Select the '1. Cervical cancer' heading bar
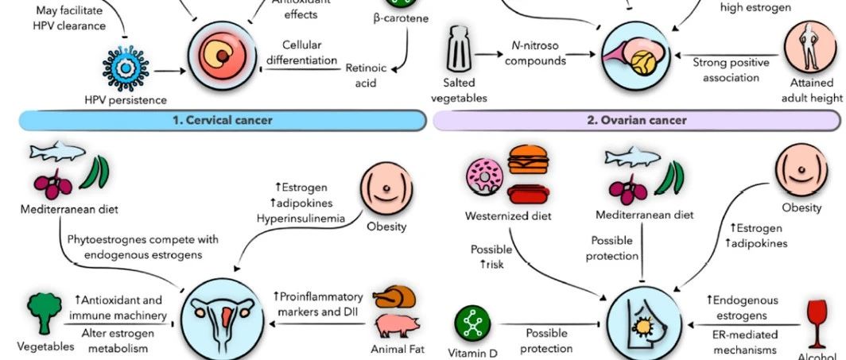222,120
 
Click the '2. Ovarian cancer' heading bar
636,120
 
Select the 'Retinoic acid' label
366,75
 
